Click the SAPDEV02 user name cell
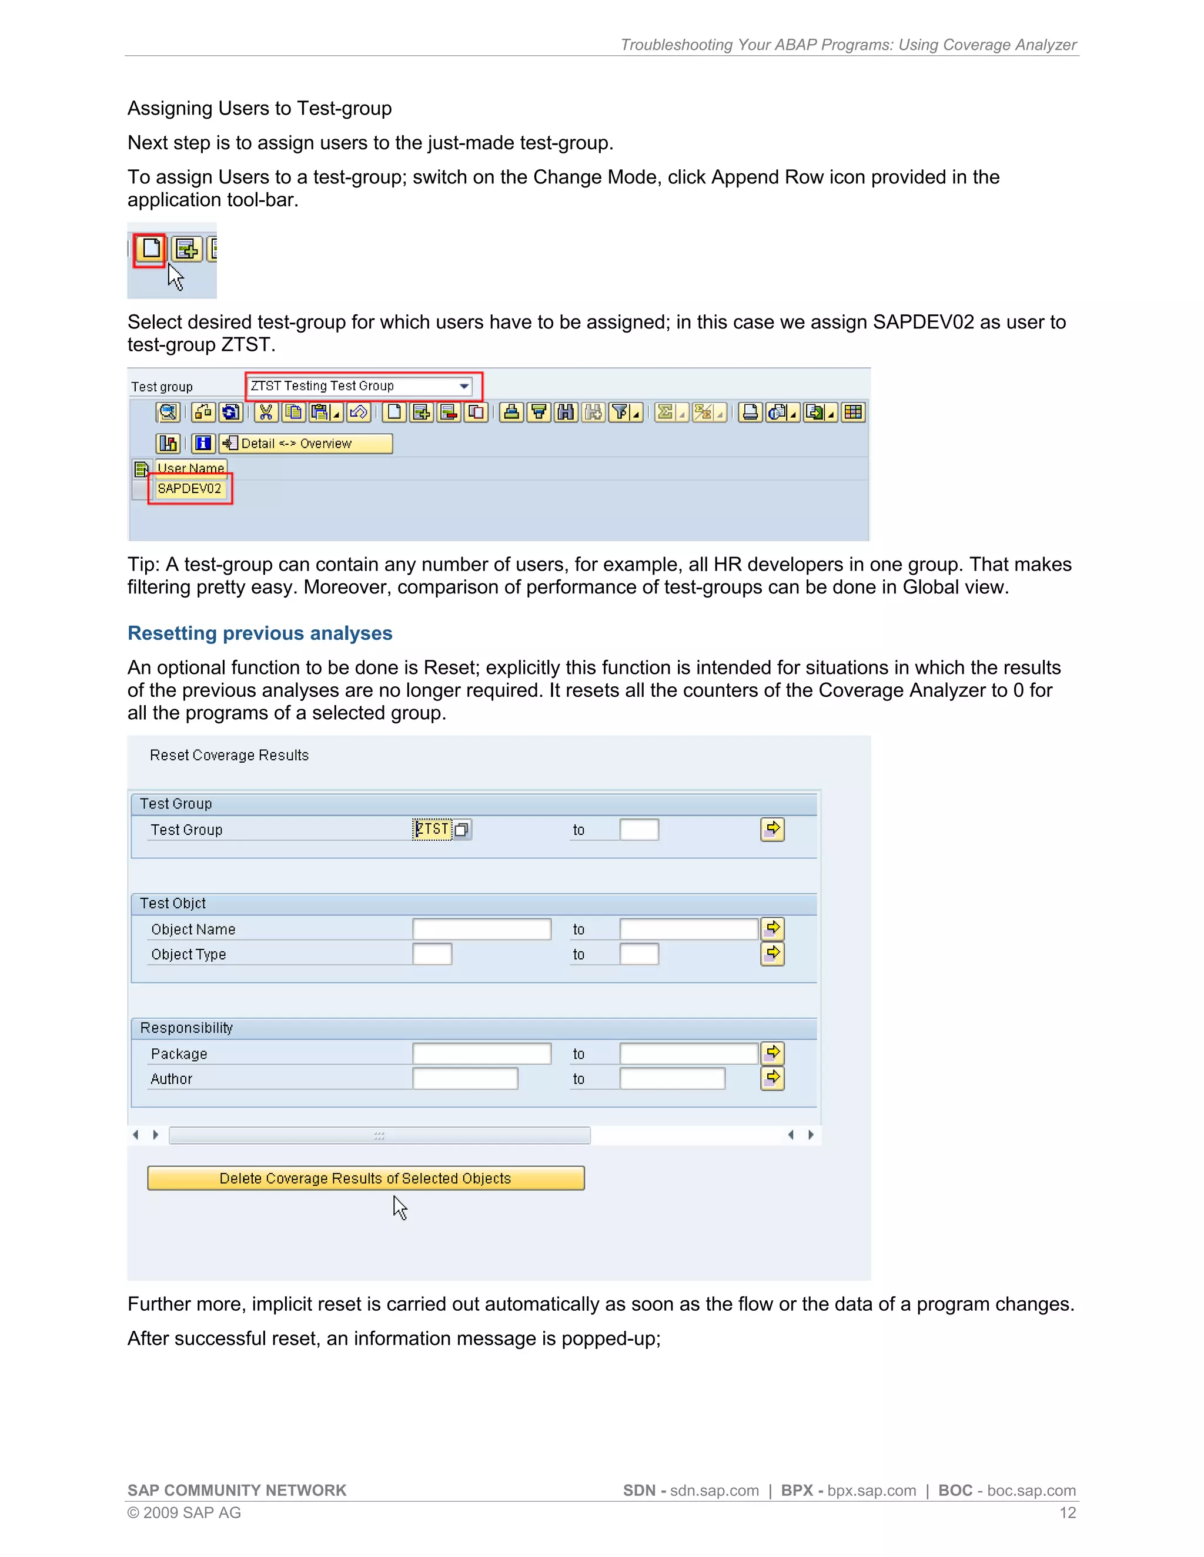click(189, 488)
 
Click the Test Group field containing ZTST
click(432, 829)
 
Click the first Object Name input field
click(481, 929)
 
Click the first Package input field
click(481, 1053)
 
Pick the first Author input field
click(465, 1079)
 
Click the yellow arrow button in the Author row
click(772, 1078)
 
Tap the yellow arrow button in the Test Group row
click(772, 829)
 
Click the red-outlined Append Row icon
click(150, 249)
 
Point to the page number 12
click(1067, 1513)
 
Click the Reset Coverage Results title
click(229, 755)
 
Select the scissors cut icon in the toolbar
click(265, 412)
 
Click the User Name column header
click(190, 468)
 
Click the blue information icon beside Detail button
click(203, 444)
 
